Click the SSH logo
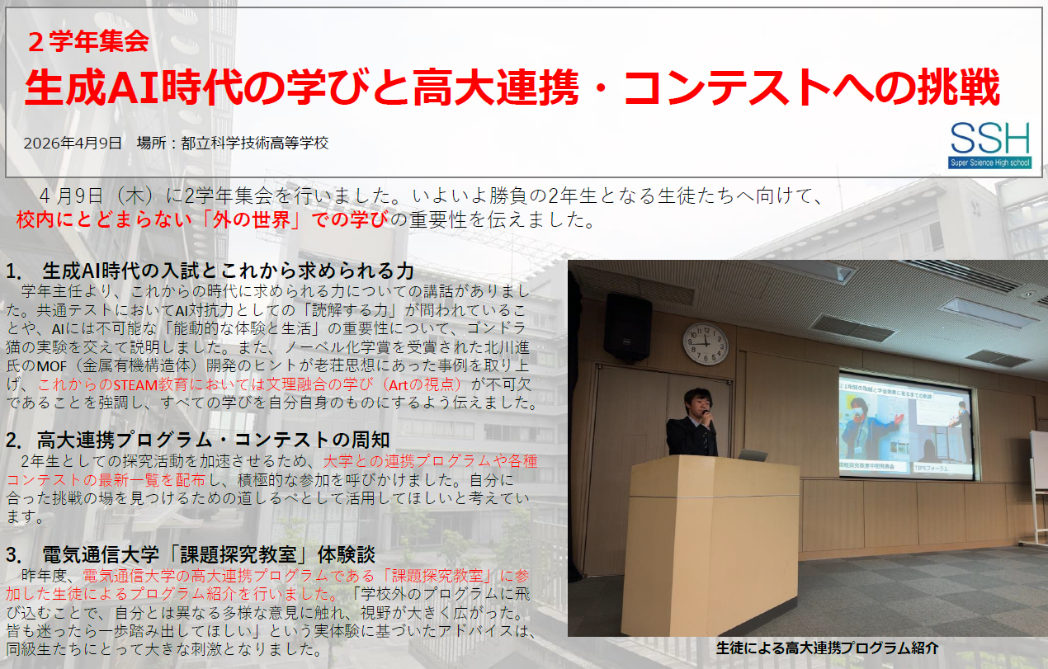point(990,145)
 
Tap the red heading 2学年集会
point(88,41)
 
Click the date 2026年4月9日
point(73,143)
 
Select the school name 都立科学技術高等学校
point(255,143)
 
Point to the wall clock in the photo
point(705,344)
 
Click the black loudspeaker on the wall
point(627,327)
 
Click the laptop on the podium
point(752,455)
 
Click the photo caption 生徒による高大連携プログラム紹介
point(827,648)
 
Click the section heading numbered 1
point(210,271)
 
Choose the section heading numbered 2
point(198,440)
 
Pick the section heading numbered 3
point(191,555)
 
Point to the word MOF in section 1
point(52,365)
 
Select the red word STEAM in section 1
point(135,385)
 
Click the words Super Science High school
point(990,163)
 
